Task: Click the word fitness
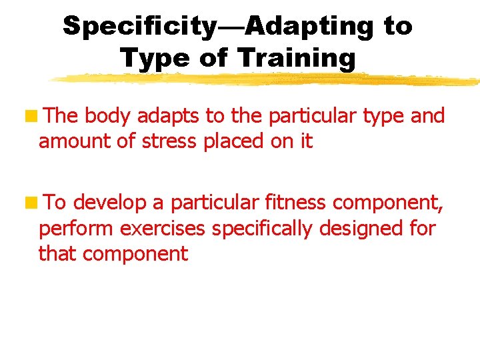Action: click(x=292, y=203)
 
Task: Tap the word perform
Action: click(x=76, y=229)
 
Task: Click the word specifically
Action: click(x=261, y=229)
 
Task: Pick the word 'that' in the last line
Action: click(x=55, y=253)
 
